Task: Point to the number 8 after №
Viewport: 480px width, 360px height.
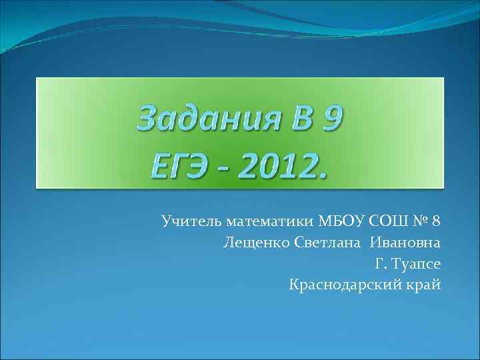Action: tap(437, 221)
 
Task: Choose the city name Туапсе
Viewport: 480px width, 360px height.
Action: tap(416, 264)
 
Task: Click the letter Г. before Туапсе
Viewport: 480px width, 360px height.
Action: tap(380, 264)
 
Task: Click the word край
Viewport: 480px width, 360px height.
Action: tap(425, 285)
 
